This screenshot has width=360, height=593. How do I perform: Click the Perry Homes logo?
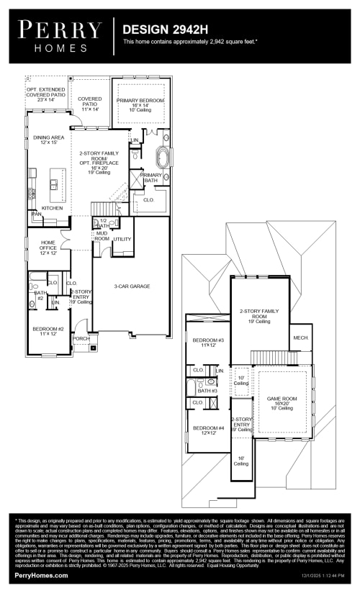click(60, 35)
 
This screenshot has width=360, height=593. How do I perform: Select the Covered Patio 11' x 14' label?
click(90, 104)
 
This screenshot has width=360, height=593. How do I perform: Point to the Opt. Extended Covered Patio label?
click(47, 94)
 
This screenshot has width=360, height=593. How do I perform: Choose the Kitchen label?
click(52, 208)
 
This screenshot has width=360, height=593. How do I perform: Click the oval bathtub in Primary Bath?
click(162, 158)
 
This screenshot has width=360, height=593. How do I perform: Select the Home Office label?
click(48, 248)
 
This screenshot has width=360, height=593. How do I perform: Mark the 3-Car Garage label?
click(131, 286)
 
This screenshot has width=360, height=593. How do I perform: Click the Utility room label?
click(122, 239)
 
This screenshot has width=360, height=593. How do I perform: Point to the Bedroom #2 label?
click(48, 330)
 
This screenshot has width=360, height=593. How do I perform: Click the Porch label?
click(81, 338)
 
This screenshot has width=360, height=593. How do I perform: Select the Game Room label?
click(282, 402)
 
